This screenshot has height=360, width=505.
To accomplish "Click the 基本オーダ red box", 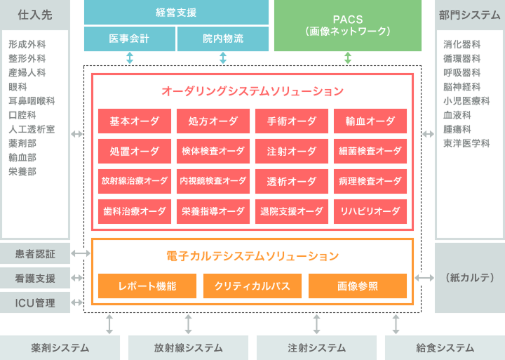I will [x=135, y=121].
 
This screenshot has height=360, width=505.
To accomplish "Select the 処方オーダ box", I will [x=213, y=121].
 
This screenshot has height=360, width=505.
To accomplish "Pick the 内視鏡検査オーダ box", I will [x=213, y=180].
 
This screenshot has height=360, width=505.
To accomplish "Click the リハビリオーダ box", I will [x=370, y=211].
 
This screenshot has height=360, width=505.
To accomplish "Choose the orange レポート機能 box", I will [x=147, y=286].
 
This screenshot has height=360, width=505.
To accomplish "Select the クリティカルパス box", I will [x=252, y=286].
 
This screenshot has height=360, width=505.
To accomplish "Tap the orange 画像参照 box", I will [x=358, y=286].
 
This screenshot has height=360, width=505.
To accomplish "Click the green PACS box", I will [x=348, y=26].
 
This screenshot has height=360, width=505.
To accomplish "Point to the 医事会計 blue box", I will [x=129, y=39].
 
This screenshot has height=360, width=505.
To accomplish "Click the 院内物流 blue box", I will [x=223, y=39].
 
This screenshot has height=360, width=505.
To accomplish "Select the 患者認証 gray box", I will [x=35, y=253].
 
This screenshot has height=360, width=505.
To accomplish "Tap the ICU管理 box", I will [x=35, y=302].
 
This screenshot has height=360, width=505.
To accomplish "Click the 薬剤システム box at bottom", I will [x=60, y=347].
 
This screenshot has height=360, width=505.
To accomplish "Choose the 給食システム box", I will [x=445, y=347].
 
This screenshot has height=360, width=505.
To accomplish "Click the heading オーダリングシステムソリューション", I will [x=252, y=91].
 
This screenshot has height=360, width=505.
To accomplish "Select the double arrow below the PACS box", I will [x=348, y=58].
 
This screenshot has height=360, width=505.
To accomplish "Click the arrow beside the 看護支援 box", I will [x=81, y=278].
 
